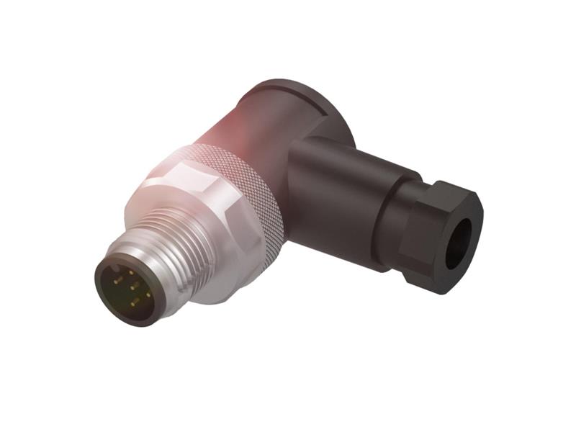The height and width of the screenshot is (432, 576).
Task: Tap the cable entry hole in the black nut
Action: pos(458,243)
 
